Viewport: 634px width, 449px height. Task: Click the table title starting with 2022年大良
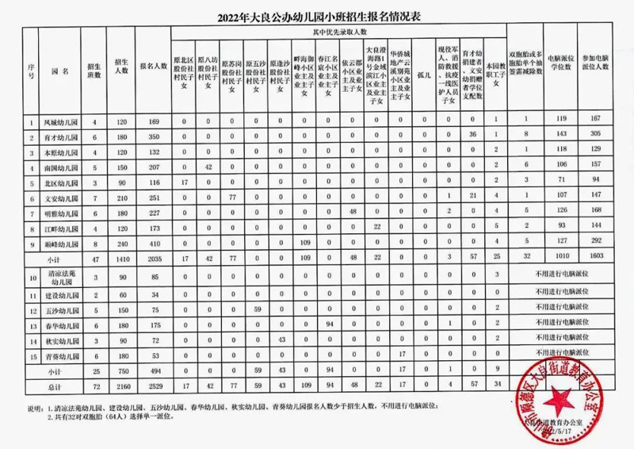click(316, 15)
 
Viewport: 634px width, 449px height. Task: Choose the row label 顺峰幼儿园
click(60, 240)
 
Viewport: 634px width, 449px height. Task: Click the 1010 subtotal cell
click(563, 256)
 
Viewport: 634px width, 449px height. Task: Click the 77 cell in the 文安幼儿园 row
click(233, 195)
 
